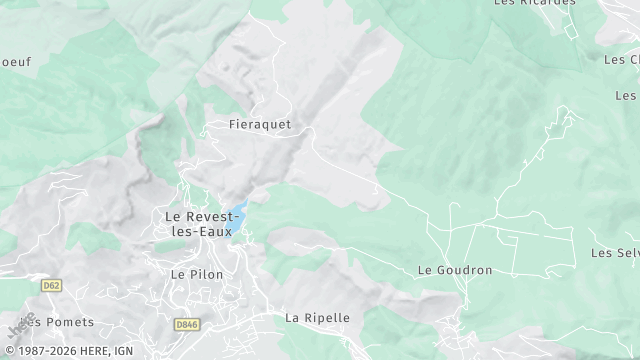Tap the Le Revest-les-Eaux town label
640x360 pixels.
(197, 224)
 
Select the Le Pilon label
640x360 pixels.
(197, 274)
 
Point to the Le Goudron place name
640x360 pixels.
(455, 271)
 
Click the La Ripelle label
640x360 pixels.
(318, 318)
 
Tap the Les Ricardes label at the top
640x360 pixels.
(535, 3)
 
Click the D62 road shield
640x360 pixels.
(51, 285)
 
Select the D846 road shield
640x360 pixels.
(186, 325)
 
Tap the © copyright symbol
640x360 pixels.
(9, 351)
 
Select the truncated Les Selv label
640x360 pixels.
(615, 253)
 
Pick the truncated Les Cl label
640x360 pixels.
(621, 60)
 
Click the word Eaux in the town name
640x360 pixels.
(215, 232)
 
